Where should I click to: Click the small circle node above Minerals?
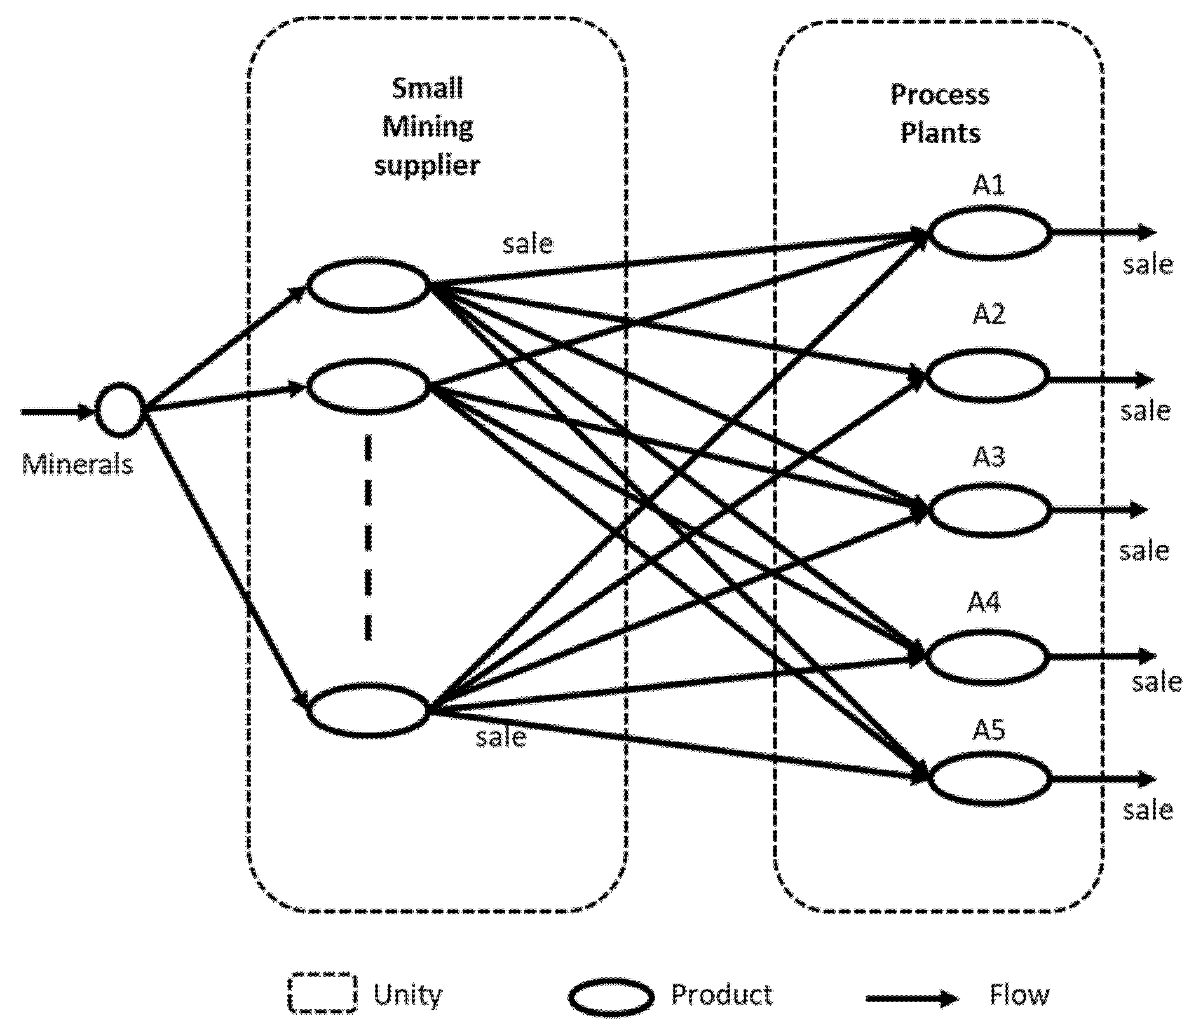pos(119,411)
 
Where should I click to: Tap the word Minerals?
pos(77,464)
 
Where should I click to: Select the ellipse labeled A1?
pos(989,233)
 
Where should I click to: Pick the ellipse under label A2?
pos(985,375)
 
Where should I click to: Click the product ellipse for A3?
pos(989,509)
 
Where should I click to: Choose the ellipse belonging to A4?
pos(985,656)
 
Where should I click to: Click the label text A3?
pos(988,457)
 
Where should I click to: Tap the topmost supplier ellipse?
pos(369,285)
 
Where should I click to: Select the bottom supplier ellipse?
pos(369,710)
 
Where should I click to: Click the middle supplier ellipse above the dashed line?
pos(369,386)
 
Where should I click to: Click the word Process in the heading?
pos(939,95)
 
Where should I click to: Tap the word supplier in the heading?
pos(426,165)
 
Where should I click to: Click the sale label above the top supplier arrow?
pos(527,244)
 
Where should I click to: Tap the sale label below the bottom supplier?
pos(501,737)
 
